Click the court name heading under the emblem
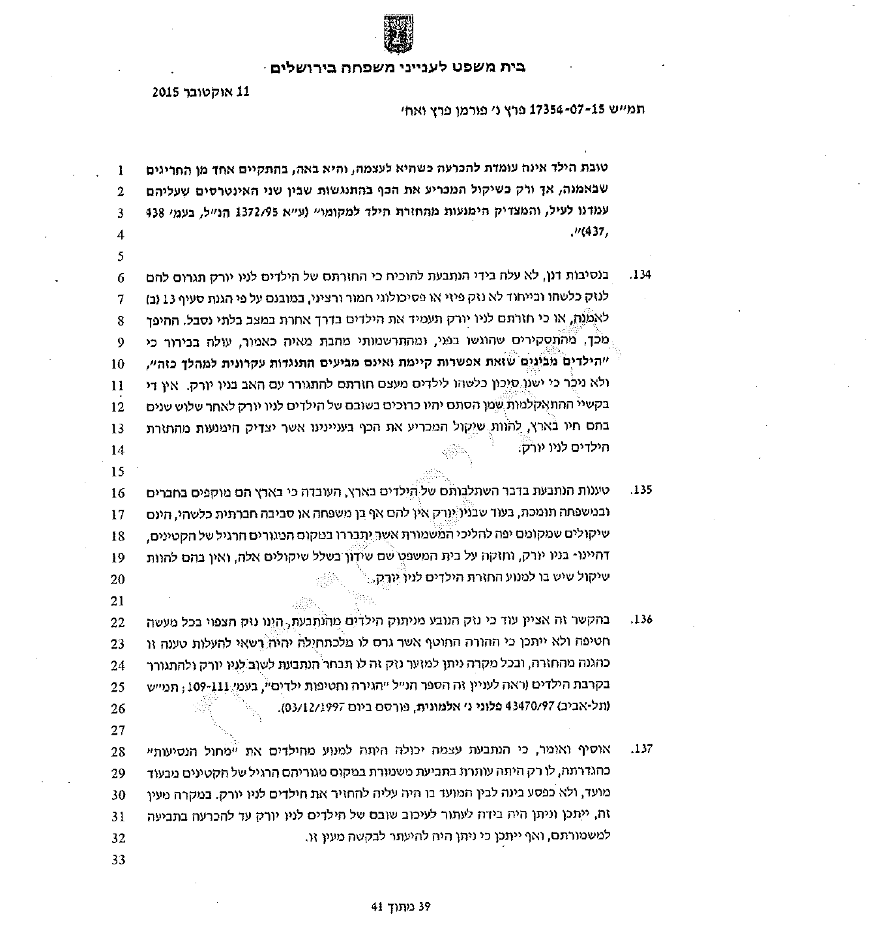point(398,66)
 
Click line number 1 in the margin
point(119,171)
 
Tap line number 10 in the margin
point(117,364)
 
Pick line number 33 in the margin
point(117,859)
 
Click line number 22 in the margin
point(117,623)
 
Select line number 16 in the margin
point(117,493)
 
